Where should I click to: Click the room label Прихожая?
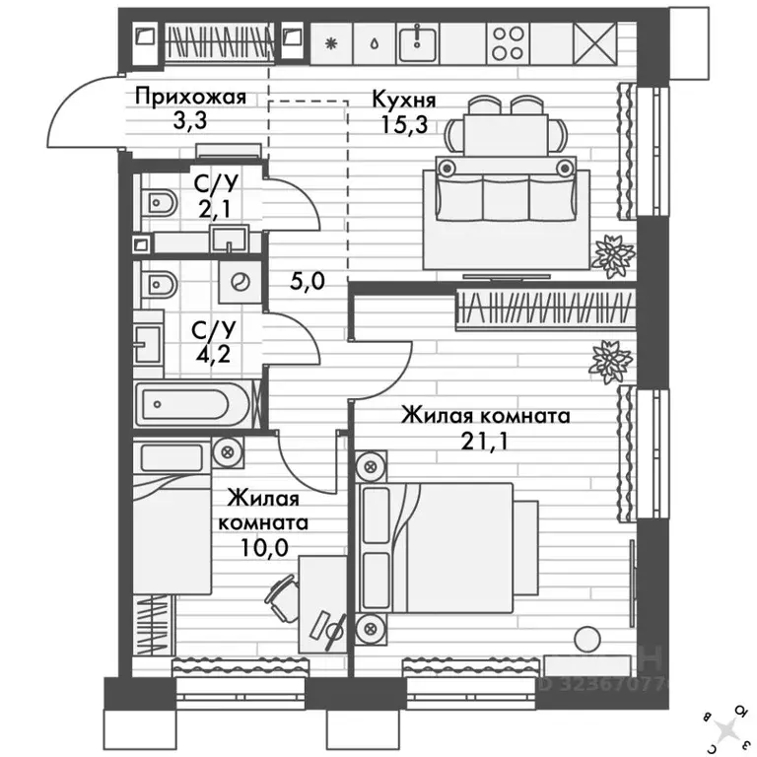pyautogui.click(x=189, y=98)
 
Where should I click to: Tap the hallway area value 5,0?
pyautogui.click(x=308, y=280)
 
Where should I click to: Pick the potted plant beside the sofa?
pyautogui.click(x=613, y=253)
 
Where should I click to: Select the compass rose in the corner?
pyautogui.click(x=726, y=727)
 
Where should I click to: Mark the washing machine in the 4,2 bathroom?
pyautogui.click(x=239, y=281)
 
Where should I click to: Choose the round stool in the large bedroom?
pyautogui.click(x=588, y=639)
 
